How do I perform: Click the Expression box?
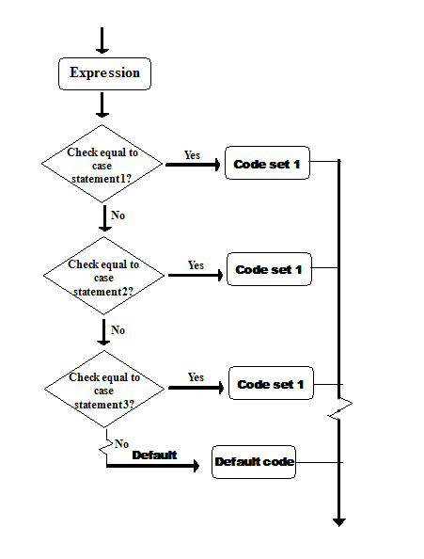[x=104, y=73]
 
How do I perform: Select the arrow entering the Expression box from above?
[x=102, y=40]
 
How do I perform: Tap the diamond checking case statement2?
[x=104, y=277]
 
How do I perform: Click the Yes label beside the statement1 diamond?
[x=192, y=155]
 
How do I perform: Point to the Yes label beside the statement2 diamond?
[x=196, y=265]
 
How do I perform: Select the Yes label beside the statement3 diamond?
[x=196, y=377]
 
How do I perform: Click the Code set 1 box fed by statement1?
[x=267, y=165]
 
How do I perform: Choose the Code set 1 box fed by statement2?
[x=269, y=270]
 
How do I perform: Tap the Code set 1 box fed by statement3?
[x=270, y=384]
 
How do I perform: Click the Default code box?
[x=254, y=462]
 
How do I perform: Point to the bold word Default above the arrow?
[x=154, y=455]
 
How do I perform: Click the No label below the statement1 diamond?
[x=118, y=216]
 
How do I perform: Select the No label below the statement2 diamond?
[x=118, y=330]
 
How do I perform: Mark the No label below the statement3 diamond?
[x=121, y=442]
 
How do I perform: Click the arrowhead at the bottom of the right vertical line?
[x=339, y=520]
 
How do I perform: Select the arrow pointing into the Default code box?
[x=155, y=466]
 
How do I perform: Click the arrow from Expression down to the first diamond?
[x=102, y=104]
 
